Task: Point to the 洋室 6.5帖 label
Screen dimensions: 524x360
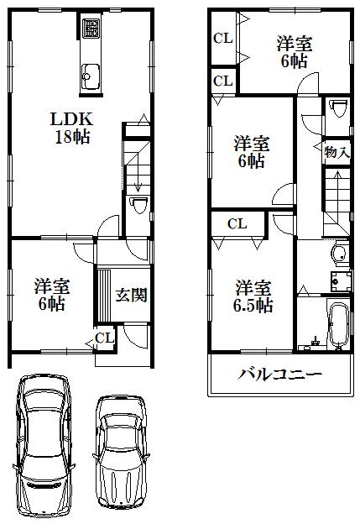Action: tap(253, 296)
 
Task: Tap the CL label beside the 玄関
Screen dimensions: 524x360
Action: tap(104, 338)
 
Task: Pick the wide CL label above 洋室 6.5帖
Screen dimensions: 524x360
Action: tap(237, 223)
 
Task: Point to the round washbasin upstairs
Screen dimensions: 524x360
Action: tap(339, 254)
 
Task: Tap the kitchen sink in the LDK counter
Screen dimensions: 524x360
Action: tap(90, 79)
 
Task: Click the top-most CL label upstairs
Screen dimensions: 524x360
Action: tap(222, 38)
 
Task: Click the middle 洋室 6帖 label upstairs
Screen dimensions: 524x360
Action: tap(251, 151)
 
